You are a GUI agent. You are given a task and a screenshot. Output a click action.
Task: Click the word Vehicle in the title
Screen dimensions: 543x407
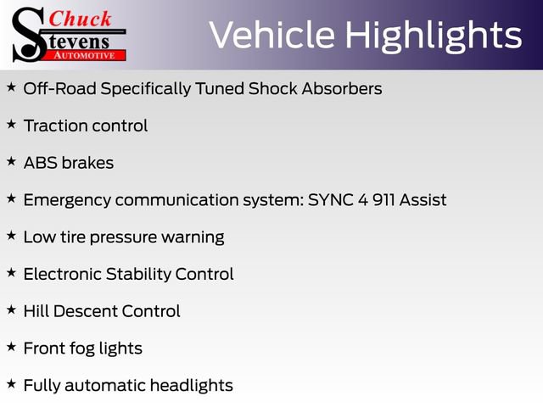click(272, 35)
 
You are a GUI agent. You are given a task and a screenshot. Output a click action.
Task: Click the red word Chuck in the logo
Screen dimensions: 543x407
click(80, 19)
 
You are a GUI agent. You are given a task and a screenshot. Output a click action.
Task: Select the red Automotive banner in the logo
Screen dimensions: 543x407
click(86, 55)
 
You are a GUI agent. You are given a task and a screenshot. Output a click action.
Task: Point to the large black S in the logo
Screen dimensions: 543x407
click(28, 35)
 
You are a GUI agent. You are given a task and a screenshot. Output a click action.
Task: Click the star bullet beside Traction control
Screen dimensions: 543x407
click(11, 125)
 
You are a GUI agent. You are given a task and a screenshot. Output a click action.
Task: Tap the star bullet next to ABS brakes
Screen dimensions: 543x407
click(11, 161)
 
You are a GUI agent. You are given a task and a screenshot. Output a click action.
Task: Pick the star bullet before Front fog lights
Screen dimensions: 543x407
click(11, 347)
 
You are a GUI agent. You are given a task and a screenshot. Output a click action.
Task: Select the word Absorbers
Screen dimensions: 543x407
click(342, 88)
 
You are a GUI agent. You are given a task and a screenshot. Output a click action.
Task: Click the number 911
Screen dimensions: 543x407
click(383, 200)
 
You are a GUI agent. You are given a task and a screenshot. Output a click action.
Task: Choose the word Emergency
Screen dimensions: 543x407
click(67, 201)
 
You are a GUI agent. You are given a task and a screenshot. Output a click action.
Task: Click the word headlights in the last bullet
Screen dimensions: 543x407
click(192, 386)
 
